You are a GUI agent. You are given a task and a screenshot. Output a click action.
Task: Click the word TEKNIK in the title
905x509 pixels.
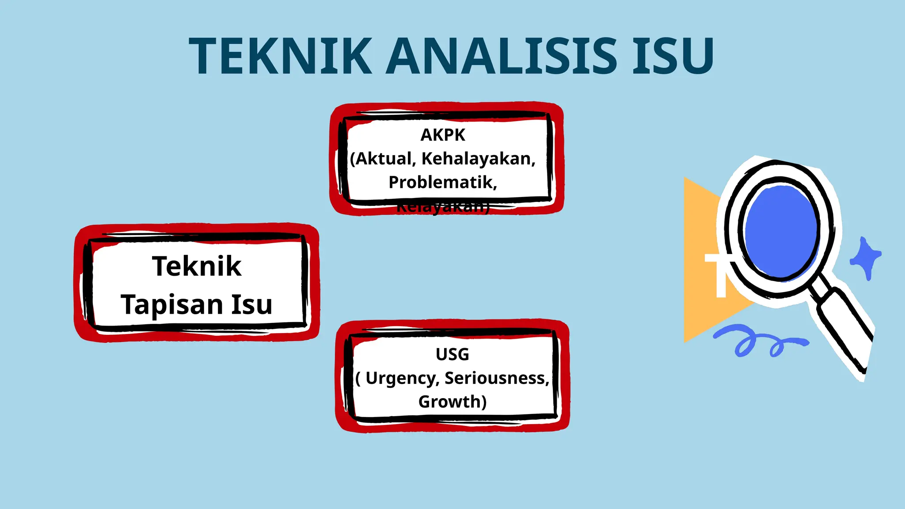coord(281,56)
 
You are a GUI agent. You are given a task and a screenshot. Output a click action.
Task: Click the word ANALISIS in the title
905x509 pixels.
coord(501,56)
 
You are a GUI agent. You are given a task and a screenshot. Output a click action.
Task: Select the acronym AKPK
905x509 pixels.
coord(443,135)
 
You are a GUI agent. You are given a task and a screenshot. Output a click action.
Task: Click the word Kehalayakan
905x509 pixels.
coord(478,159)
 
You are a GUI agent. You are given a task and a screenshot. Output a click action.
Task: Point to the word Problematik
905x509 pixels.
coord(443,182)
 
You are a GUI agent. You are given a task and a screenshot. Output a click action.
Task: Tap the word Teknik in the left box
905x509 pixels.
coord(197,266)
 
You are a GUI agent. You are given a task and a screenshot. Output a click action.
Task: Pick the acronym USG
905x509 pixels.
coord(452,354)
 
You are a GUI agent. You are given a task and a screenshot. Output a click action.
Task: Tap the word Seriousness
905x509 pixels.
coord(497,378)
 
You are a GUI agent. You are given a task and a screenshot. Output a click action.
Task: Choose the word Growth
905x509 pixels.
coord(452,402)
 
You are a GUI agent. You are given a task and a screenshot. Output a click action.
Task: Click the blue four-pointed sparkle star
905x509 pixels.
coord(866,258)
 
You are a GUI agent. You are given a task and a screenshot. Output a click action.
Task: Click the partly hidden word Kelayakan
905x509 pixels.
coord(443,208)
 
